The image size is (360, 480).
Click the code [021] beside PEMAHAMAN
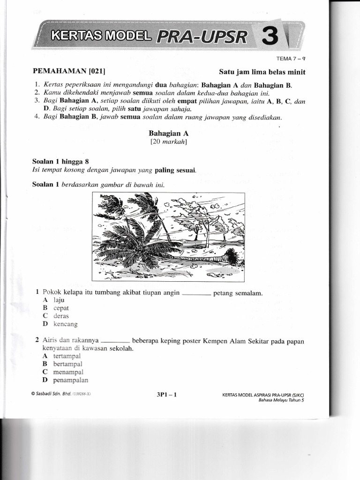[96, 72]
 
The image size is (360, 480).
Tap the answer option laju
[59, 300]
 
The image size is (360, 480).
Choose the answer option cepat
[61, 308]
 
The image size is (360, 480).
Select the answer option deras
[61, 316]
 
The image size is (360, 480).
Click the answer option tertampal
[67, 356]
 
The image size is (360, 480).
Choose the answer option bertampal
[68, 364]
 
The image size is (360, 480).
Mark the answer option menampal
[67, 372]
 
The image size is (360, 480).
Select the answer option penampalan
[71, 380]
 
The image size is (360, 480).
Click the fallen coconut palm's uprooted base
[230, 256]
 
